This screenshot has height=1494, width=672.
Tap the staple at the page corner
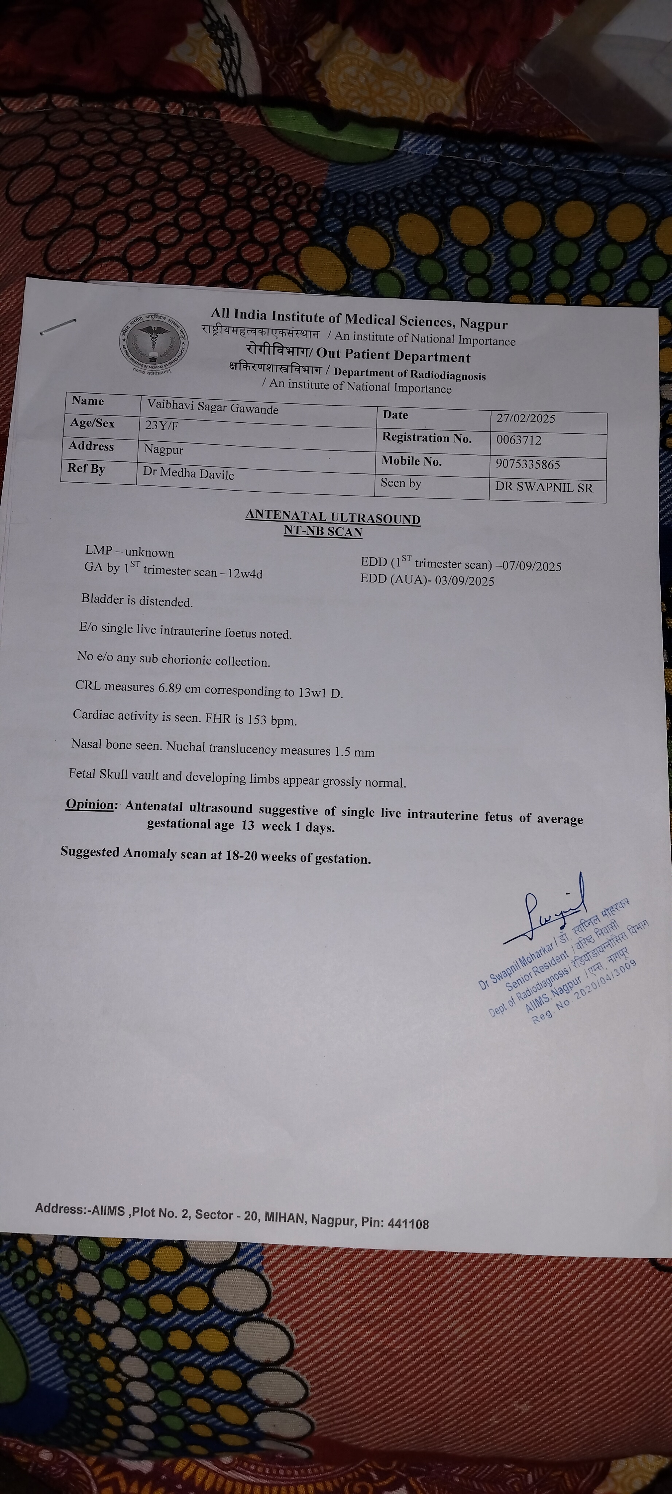(58, 326)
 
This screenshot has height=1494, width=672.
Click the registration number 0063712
(519, 440)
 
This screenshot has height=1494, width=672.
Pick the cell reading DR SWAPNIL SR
(544, 488)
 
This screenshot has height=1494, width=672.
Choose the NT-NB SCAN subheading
(323, 531)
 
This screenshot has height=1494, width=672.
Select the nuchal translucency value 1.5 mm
(354, 752)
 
